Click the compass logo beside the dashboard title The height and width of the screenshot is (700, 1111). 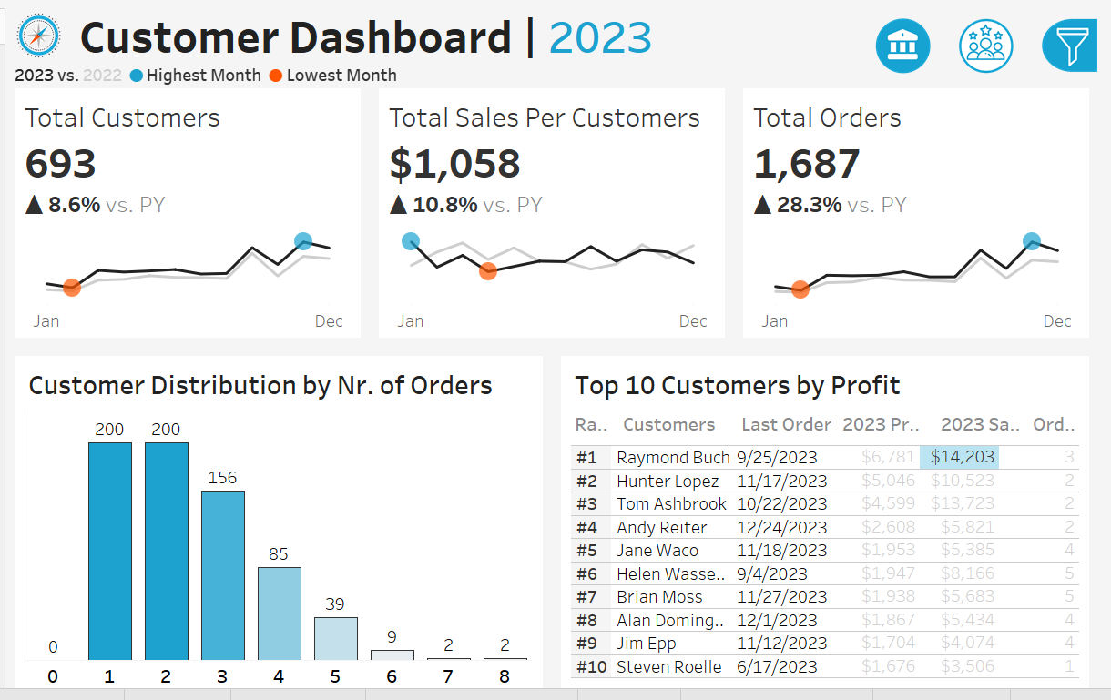tap(38, 36)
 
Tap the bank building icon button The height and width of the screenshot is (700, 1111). tap(902, 46)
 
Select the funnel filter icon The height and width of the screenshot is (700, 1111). tap(1070, 45)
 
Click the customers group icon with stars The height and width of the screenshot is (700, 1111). tap(985, 46)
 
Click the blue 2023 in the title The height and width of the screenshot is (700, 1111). tap(600, 38)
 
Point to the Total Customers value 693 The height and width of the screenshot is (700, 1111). tap(60, 164)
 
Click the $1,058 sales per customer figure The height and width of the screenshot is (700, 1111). tap(454, 164)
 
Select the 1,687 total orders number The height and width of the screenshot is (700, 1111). tap(806, 164)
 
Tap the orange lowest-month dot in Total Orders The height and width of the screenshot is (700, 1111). tap(800, 289)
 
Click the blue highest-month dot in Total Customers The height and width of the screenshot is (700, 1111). tap(303, 241)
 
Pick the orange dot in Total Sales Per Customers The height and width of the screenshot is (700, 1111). tap(487, 270)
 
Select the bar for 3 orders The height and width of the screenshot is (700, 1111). tap(222, 574)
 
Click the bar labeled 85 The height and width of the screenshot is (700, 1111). tap(279, 613)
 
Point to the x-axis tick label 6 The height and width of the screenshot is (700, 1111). tap(392, 676)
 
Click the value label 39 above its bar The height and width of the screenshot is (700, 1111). tap(335, 604)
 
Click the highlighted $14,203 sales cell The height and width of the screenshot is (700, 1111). tap(959, 457)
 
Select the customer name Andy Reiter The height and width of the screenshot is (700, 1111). tap(661, 527)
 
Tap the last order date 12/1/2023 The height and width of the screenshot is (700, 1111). tap(777, 620)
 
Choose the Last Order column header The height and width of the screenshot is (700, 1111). tap(786, 424)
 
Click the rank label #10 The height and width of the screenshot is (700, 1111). tap(591, 666)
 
